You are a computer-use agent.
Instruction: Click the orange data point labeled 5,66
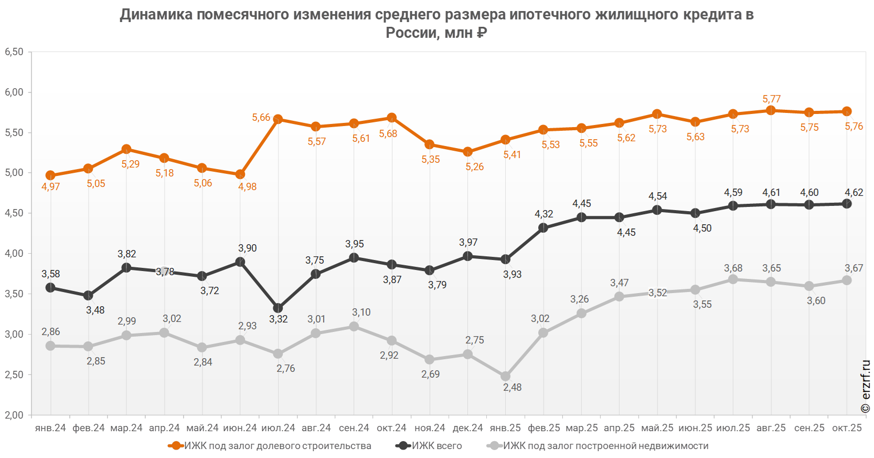(x=278, y=119)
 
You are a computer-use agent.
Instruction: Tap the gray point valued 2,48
(x=505, y=376)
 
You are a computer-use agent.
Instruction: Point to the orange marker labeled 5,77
(x=771, y=110)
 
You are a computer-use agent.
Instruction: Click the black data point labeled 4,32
(x=543, y=228)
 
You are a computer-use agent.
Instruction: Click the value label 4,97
(x=51, y=187)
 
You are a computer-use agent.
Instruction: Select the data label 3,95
(x=354, y=244)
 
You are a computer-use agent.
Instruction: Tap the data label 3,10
(x=361, y=312)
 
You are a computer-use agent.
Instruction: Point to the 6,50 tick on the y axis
(x=14, y=51)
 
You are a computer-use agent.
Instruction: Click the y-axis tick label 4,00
(x=14, y=253)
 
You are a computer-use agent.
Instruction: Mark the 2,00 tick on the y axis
(x=14, y=415)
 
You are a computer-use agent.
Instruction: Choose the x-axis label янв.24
(x=50, y=428)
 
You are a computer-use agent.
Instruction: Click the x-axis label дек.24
(x=467, y=428)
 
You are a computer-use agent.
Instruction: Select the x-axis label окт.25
(x=847, y=428)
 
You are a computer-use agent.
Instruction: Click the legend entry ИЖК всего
(x=429, y=446)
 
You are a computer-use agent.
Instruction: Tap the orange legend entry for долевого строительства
(x=269, y=446)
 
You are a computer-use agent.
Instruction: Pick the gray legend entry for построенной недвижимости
(x=598, y=446)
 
